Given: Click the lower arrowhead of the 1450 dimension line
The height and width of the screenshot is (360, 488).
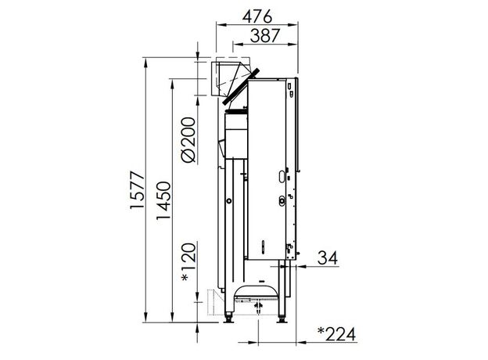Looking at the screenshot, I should [174, 319].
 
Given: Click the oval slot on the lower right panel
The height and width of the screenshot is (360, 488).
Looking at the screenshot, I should [280, 200].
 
